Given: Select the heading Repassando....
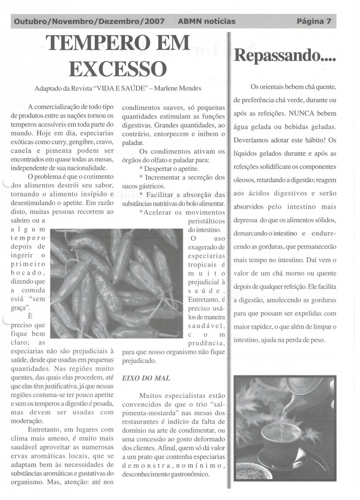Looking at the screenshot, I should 285,56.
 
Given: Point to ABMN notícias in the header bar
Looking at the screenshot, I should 207,21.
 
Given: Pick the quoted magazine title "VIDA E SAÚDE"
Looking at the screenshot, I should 116,89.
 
